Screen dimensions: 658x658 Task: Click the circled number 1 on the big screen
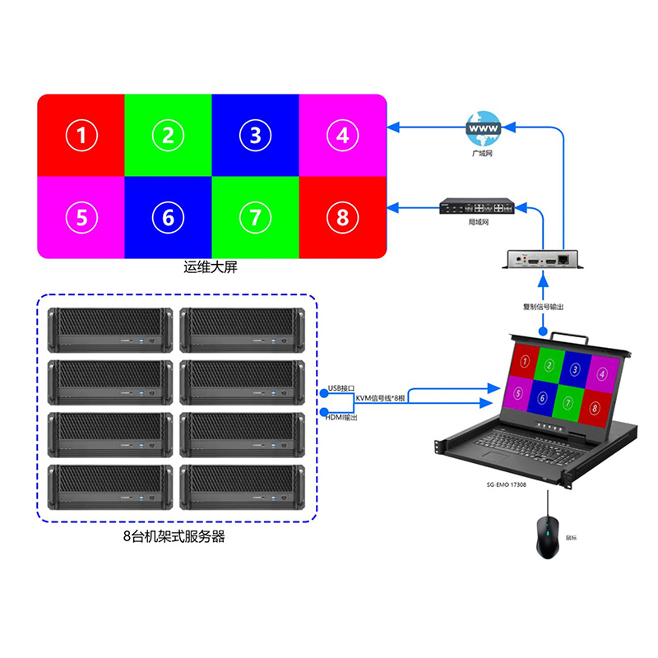pyautogui.click(x=81, y=136)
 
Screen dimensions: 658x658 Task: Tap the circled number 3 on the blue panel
pyautogui.click(x=255, y=136)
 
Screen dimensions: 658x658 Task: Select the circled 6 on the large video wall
pyautogui.click(x=168, y=217)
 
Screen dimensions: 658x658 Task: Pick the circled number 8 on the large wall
pyautogui.click(x=342, y=217)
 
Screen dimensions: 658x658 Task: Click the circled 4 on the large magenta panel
pyautogui.click(x=342, y=134)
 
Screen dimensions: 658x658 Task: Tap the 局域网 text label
pyautogui.click(x=479, y=222)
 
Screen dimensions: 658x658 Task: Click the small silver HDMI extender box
pyautogui.click(x=543, y=260)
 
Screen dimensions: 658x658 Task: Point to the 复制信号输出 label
pyautogui.click(x=543, y=306)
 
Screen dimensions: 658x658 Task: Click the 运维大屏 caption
pyautogui.click(x=210, y=268)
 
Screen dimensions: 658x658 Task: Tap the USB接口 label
pyautogui.click(x=340, y=387)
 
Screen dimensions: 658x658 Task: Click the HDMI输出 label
pyautogui.click(x=342, y=418)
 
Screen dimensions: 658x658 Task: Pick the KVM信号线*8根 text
pyautogui.click(x=380, y=399)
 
